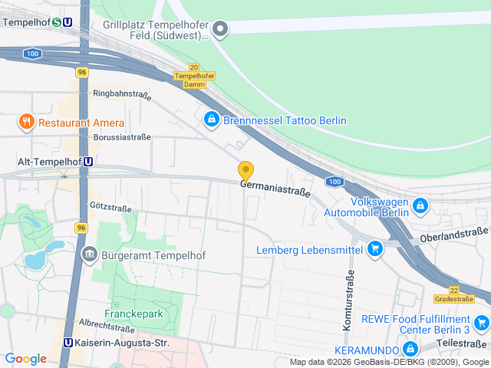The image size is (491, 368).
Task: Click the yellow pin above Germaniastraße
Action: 245,171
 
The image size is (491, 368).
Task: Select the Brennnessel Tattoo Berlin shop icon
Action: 211,120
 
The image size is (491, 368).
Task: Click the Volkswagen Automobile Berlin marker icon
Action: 420,205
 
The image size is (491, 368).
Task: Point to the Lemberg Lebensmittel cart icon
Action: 374,248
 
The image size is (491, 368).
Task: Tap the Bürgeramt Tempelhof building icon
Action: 90,255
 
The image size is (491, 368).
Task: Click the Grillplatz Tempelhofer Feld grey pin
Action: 221,30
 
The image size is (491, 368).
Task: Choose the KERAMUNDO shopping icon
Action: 410,349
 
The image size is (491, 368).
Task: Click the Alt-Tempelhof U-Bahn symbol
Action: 90,162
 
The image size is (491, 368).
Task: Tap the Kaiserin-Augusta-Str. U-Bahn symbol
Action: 68,343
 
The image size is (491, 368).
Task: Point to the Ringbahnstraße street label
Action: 121,94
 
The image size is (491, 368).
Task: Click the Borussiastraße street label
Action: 122,137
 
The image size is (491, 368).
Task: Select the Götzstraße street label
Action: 110,208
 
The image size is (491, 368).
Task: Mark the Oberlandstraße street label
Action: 454,233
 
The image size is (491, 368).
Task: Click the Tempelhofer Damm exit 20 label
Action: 194,76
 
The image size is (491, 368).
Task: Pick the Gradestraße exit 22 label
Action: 453,295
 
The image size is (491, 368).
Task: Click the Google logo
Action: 25,359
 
